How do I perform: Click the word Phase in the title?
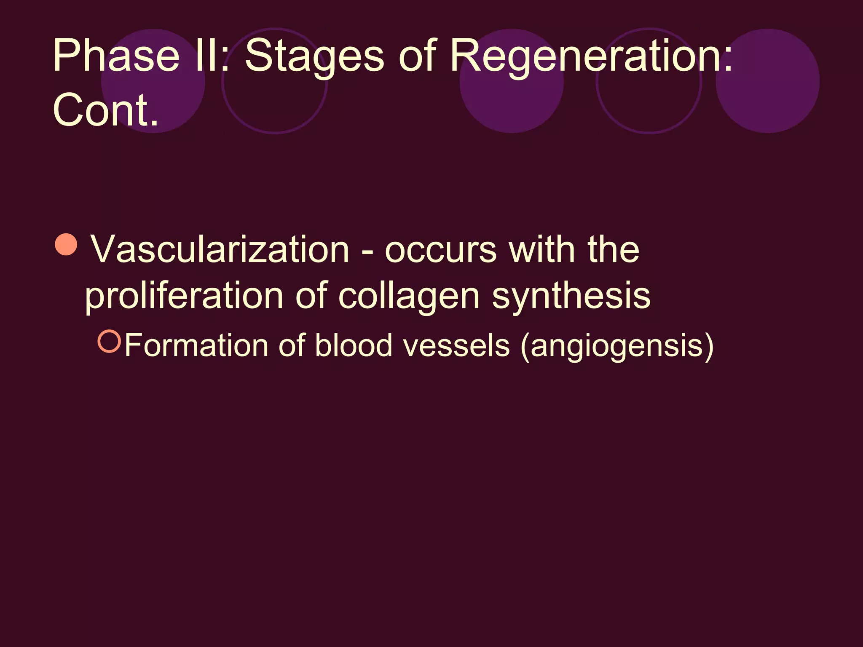116,56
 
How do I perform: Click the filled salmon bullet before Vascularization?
66,245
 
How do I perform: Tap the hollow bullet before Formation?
109,341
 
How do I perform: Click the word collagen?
409,297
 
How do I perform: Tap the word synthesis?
571,296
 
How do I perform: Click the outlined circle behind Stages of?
275,81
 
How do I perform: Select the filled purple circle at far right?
767,81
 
